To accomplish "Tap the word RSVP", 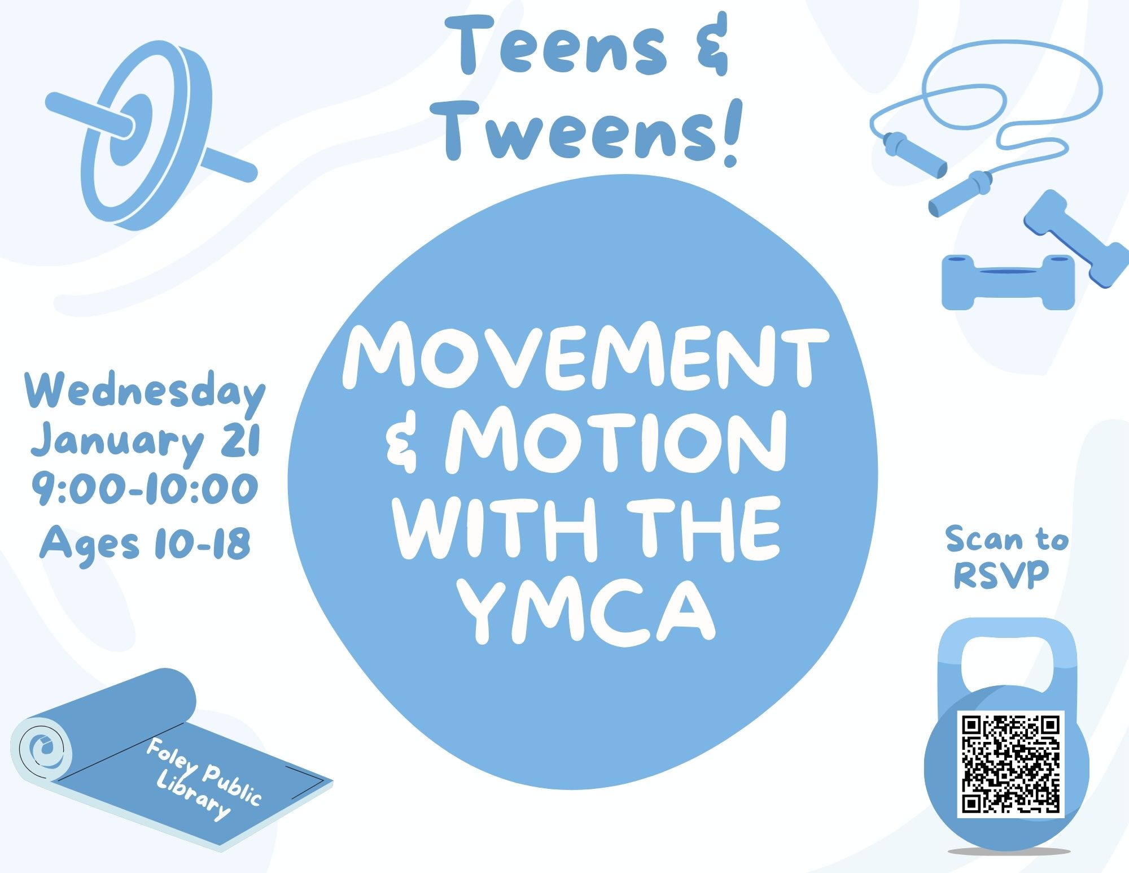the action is point(1001,575).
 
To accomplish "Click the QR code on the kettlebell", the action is point(1010,764).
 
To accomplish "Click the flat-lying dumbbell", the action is point(1008,282).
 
